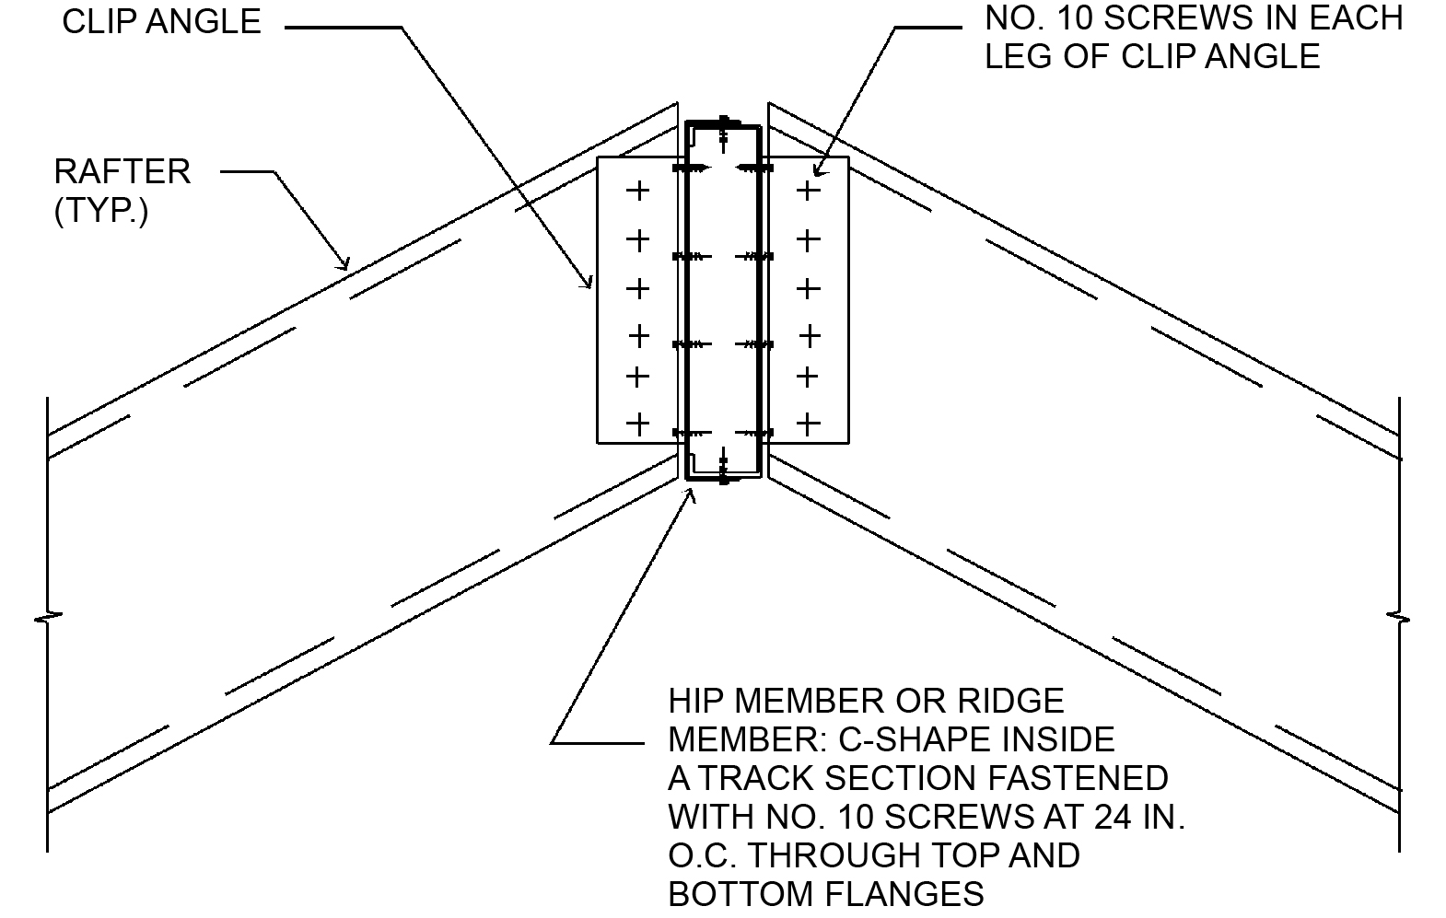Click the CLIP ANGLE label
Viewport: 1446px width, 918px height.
coord(161,21)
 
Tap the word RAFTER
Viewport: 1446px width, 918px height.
coord(122,172)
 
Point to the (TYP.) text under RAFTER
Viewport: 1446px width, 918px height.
coord(101,211)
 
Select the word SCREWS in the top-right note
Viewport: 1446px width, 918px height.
coord(1203,17)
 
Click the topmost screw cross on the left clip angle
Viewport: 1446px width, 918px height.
coord(637,192)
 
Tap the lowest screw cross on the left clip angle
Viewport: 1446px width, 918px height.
coord(637,424)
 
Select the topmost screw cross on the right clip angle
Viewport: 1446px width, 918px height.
coord(808,192)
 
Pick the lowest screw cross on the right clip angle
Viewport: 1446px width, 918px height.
coord(808,424)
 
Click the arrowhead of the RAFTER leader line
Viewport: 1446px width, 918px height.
coord(346,266)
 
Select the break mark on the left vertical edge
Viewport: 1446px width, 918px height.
coord(47,616)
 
